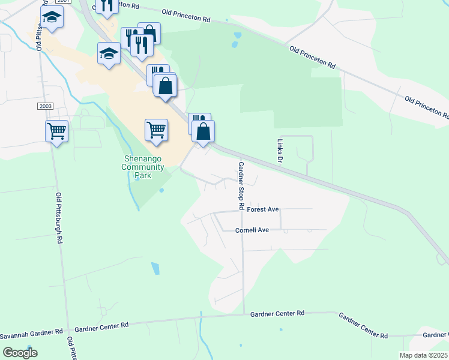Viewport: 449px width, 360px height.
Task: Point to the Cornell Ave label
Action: coord(252,230)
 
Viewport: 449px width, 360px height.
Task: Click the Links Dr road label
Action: coord(280,151)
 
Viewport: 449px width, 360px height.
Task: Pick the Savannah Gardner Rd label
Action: coord(31,332)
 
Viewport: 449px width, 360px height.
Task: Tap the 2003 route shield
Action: coord(45,106)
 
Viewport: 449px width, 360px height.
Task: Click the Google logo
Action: coord(20,353)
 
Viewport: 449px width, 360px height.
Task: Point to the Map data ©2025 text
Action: coord(423,355)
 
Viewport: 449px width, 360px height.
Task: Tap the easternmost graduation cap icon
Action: coord(109,53)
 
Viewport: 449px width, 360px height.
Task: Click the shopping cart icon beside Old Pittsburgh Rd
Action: coord(56,130)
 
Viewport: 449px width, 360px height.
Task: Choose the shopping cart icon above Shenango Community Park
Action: coord(156,129)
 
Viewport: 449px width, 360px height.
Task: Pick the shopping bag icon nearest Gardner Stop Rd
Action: coord(203,131)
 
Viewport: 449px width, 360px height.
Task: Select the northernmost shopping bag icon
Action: coord(149,33)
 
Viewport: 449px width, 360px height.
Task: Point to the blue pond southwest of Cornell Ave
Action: coord(156,268)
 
